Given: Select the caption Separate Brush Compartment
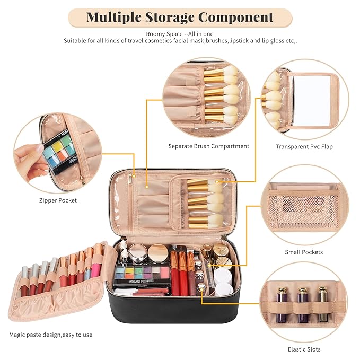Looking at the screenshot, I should coord(208,146).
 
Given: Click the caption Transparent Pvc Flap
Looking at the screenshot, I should coord(304,146).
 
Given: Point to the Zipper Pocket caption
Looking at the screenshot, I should coord(58,200).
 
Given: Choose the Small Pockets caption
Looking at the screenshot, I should coord(303,252).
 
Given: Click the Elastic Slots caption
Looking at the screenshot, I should coord(303,349).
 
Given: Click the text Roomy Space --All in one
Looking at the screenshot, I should coord(180,33).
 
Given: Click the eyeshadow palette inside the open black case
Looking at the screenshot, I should coord(139,274).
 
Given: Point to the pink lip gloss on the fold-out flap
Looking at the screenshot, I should coord(97,261).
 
